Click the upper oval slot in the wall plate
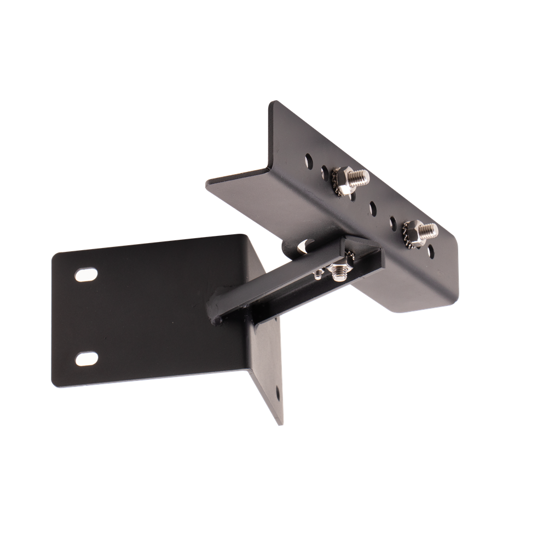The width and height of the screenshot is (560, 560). (x=86, y=274)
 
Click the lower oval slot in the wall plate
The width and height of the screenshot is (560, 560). (x=86, y=359)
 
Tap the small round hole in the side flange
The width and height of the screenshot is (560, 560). (x=278, y=392)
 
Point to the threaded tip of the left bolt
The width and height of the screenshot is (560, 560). (x=360, y=176)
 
